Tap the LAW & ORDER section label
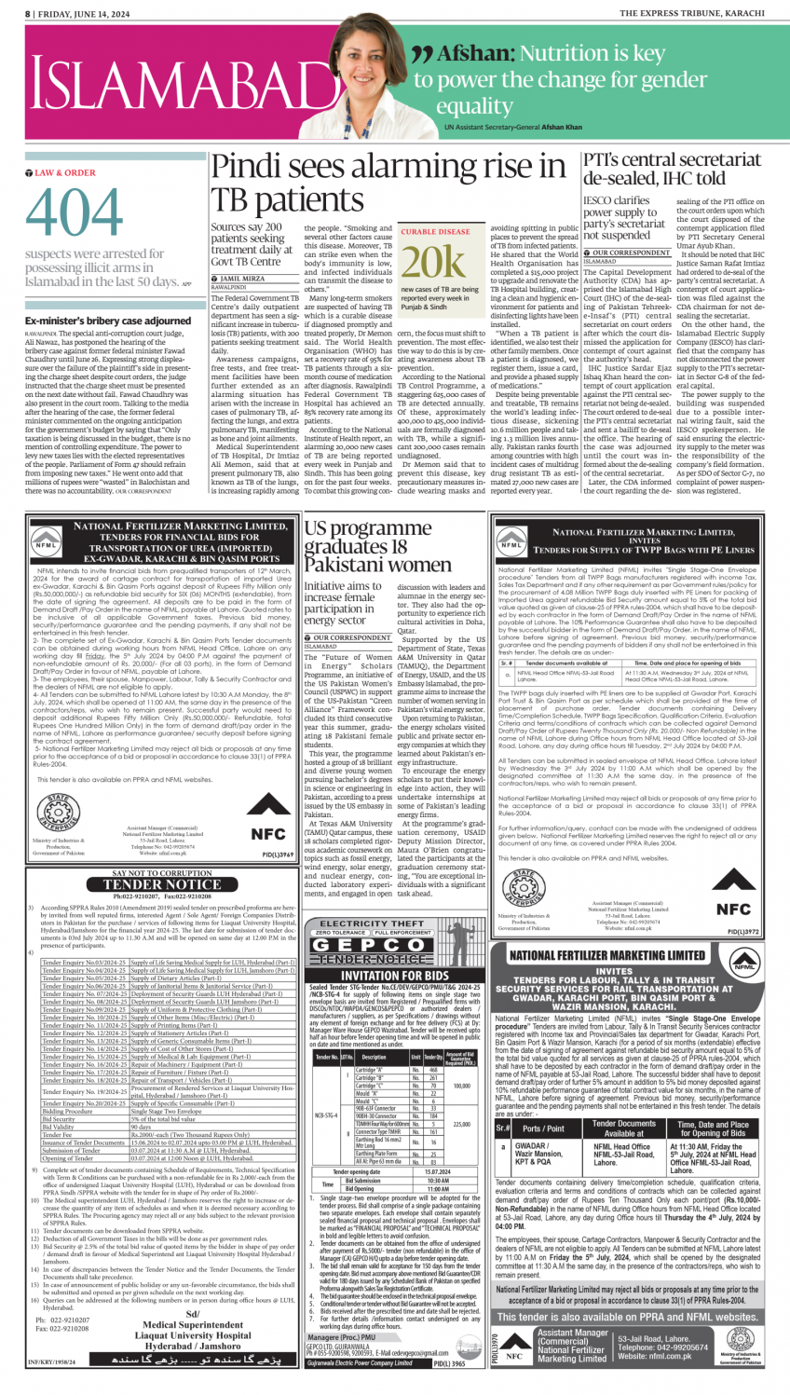[x=64, y=173]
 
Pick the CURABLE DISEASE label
[x=435, y=232]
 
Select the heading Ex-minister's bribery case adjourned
[x=108, y=321]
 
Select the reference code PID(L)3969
[x=278, y=854]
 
